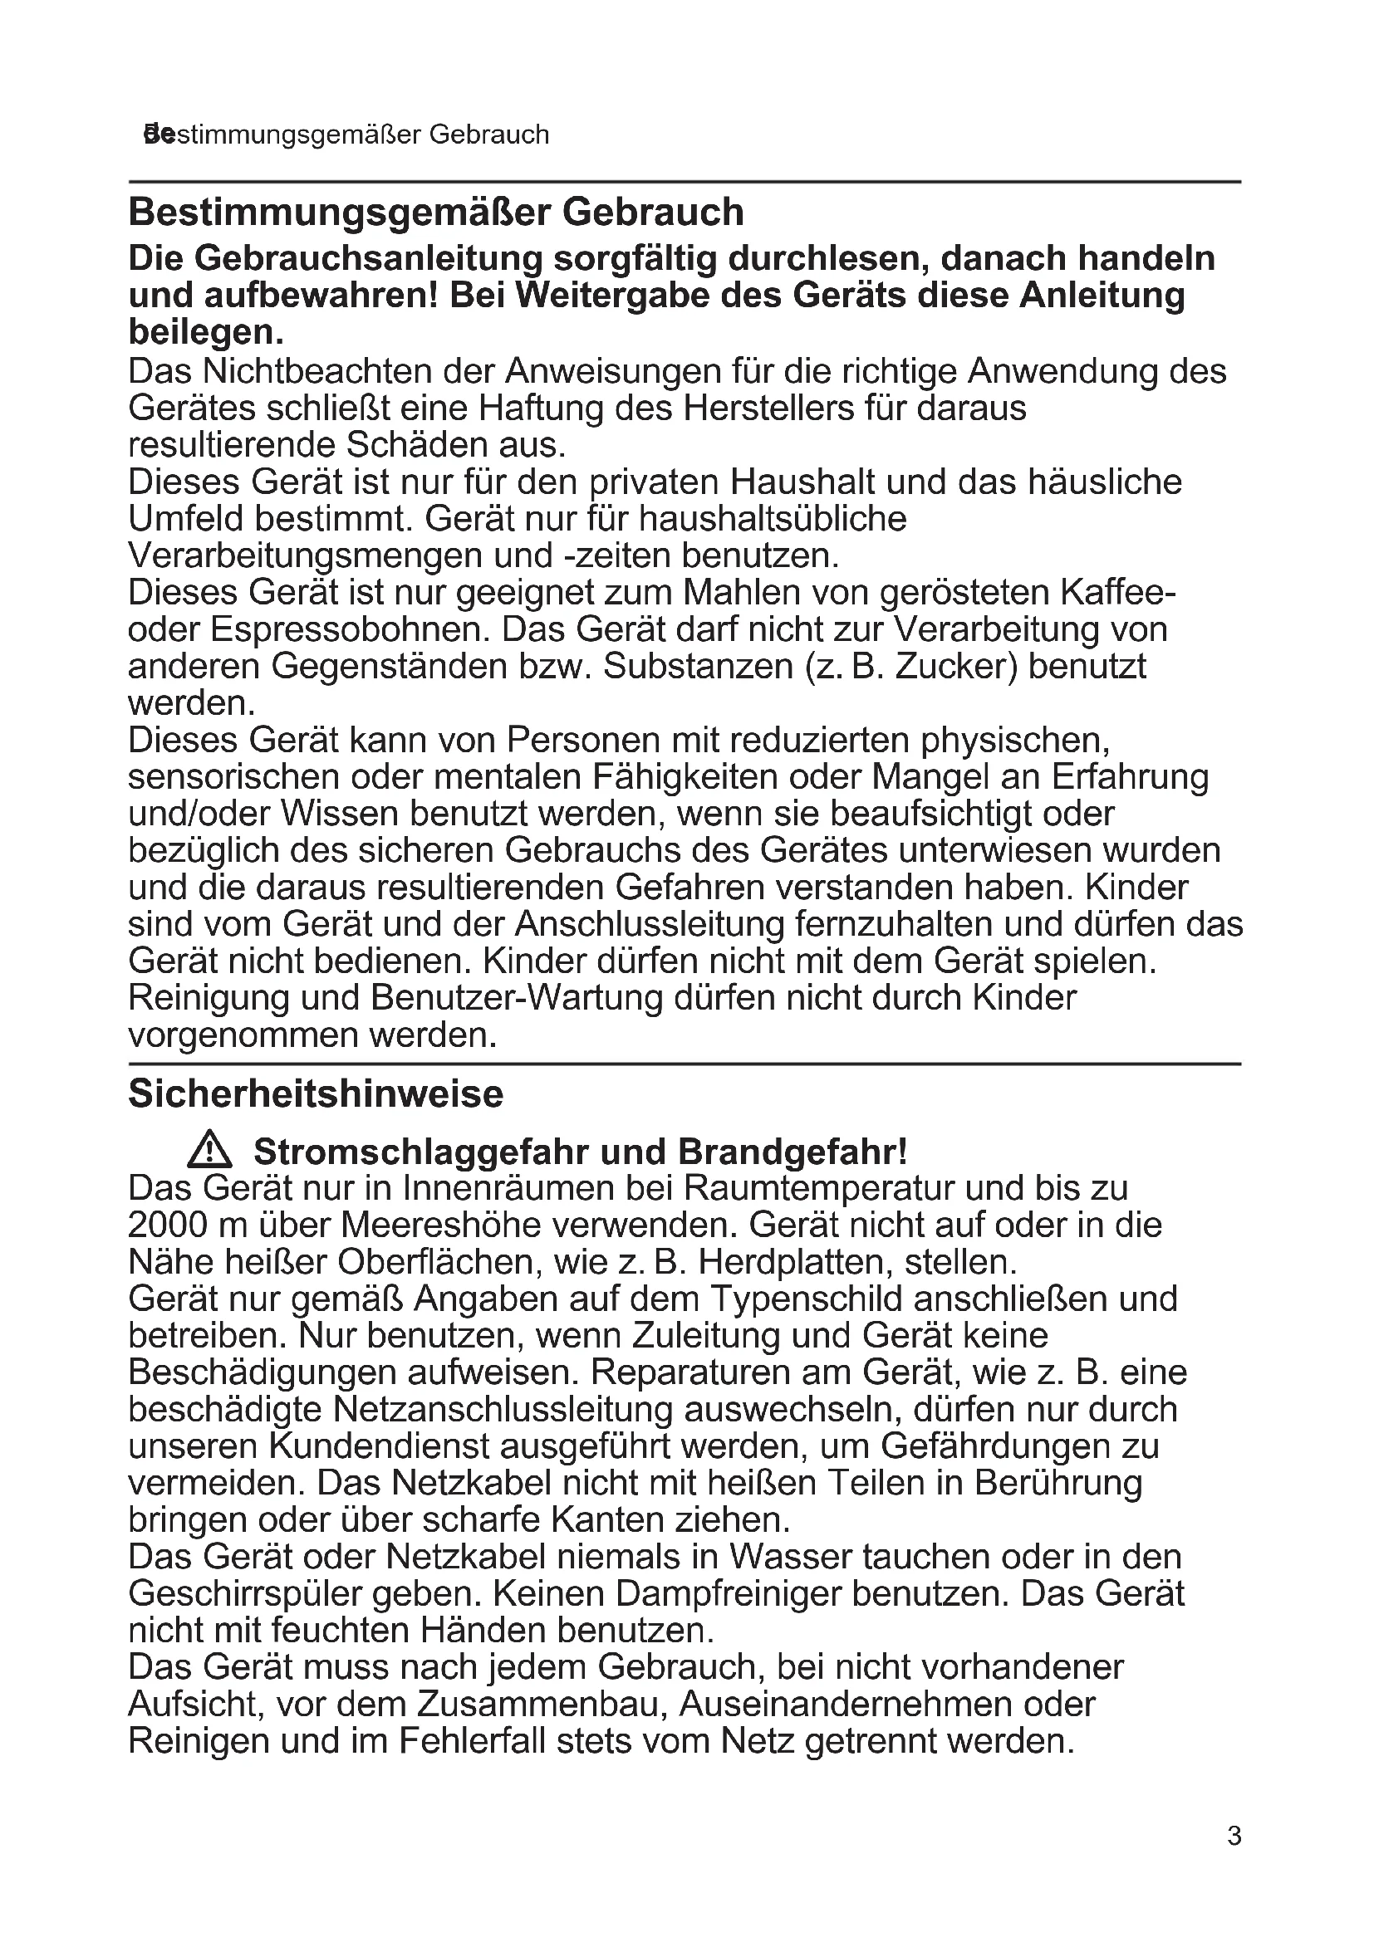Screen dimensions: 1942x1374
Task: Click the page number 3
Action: (x=1234, y=1837)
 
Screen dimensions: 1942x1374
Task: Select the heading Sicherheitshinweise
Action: (x=316, y=1093)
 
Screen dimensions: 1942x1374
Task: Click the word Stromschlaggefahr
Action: (x=422, y=1152)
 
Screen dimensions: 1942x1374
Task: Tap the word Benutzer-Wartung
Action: (x=516, y=997)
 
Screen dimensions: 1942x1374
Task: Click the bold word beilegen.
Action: (x=205, y=332)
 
